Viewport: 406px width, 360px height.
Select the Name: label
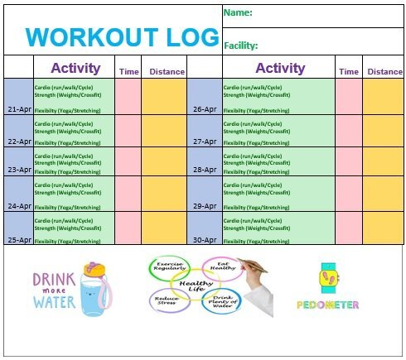(238, 13)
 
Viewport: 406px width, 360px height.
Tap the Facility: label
(241, 46)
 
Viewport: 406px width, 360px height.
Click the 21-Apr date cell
(18, 108)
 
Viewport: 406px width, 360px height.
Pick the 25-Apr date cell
(18, 239)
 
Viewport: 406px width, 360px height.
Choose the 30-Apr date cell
(204, 239)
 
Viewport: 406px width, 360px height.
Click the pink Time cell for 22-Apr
(128, 130)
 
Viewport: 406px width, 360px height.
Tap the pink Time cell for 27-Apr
(348, 130)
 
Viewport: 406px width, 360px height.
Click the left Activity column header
(75, 69)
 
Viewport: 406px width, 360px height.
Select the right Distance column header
(384, 71)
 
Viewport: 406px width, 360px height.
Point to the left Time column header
(128, 72)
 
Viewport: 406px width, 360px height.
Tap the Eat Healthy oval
(223, 267)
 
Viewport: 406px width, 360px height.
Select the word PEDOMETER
(327, 305)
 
